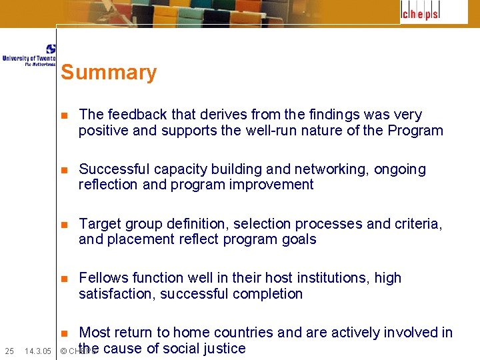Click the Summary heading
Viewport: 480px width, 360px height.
(109, 73)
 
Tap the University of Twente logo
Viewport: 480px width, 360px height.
(29, 56)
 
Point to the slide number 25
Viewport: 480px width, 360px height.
(9, 351)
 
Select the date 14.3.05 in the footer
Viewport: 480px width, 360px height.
(38, 351)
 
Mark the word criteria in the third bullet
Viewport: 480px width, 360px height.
(418, 223)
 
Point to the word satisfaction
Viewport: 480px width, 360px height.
(117, 294)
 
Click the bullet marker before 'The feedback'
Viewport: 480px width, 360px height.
(64, 115)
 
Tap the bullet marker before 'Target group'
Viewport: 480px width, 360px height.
(64, 224)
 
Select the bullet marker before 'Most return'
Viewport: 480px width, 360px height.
(64, 333)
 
